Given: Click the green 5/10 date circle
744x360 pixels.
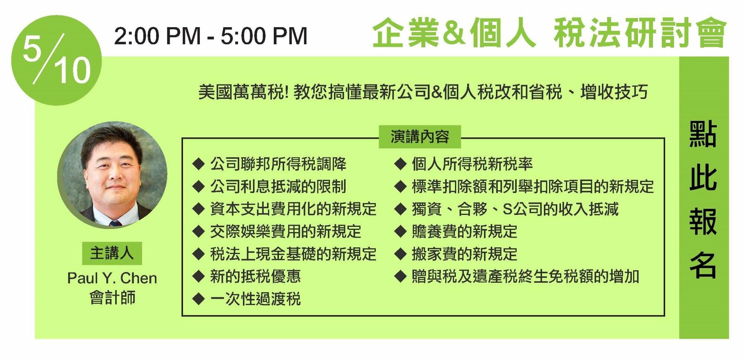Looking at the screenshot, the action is (56, 60).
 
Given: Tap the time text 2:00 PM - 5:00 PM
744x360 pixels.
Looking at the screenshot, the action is (211, 36).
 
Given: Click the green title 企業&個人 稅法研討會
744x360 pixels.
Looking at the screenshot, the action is (549, 33).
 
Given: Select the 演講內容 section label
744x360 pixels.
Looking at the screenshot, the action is (420, 137).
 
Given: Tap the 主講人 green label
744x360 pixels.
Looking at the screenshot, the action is (112, 253).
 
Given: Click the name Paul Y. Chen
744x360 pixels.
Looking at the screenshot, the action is (112, 278).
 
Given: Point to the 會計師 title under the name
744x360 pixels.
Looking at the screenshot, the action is (112, 298).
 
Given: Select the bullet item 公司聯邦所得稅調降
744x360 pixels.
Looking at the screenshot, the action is (278, 164).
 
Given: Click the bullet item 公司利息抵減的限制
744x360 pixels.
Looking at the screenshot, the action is (278, 186).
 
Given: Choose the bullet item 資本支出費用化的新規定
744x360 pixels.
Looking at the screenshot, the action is (294, 209).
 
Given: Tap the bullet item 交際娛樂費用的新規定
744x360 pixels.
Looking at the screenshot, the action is (286, 231).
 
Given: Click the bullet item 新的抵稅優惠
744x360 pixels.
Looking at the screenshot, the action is (256, 276).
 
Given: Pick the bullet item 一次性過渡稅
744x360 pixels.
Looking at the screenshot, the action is (256, 299).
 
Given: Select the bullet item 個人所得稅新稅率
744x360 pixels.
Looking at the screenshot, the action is (472, 164).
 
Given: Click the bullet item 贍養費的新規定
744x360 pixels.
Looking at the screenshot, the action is (465, 231).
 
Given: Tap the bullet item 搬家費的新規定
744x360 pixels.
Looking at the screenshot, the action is (465, 254).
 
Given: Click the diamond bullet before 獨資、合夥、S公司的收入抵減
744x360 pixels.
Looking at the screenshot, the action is (400, 209).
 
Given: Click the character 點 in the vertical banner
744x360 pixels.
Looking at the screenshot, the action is (703, 134).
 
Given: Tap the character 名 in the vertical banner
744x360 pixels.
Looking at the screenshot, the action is (703, 265).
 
